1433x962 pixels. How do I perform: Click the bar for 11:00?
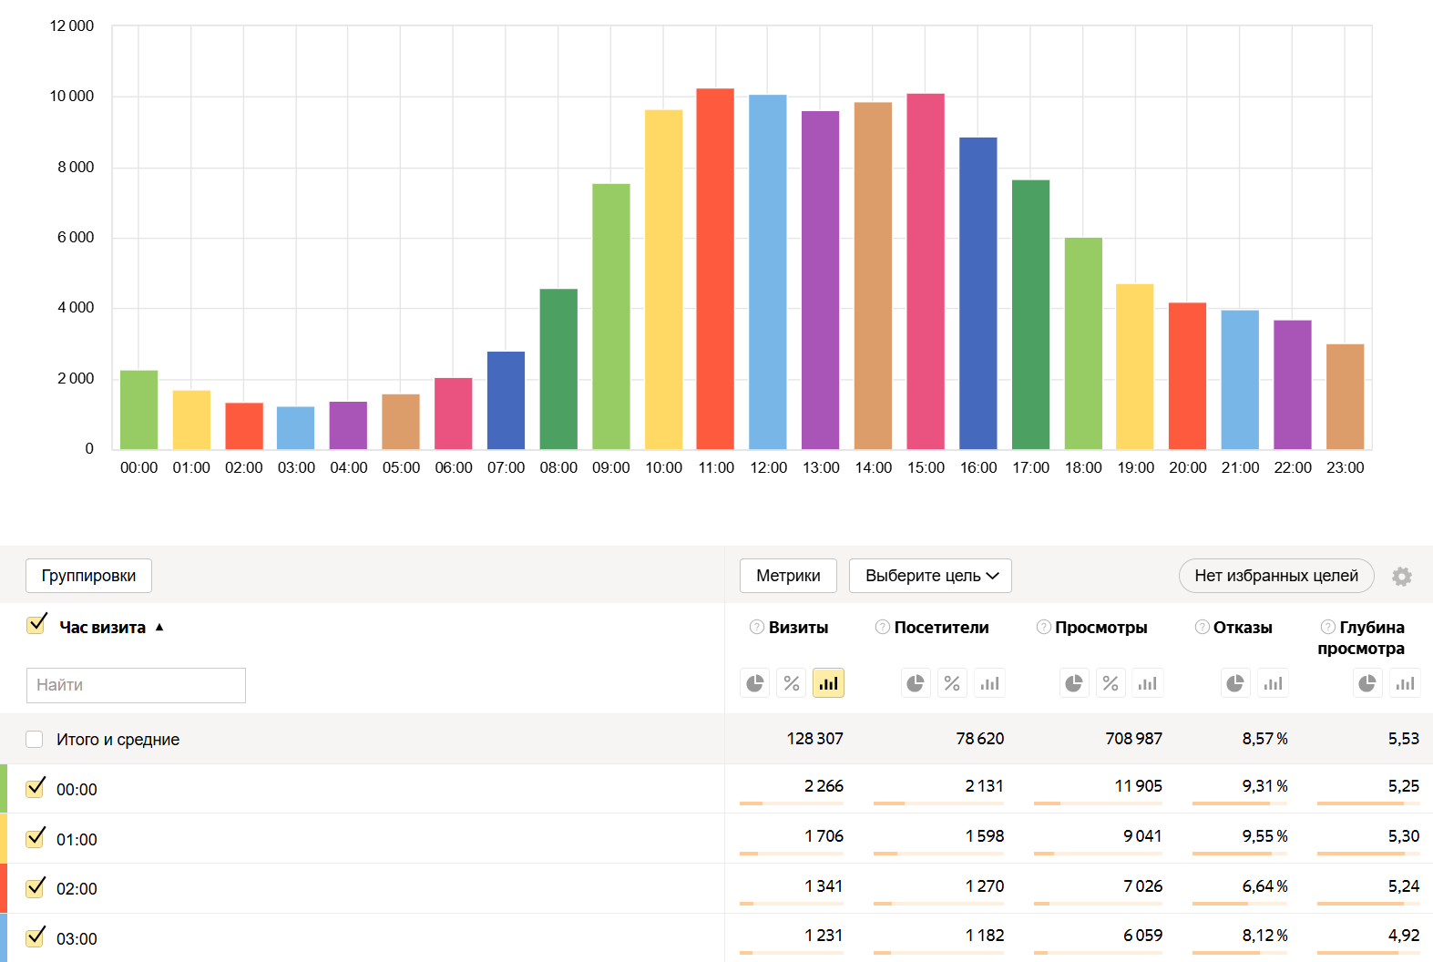(x=715, y=269)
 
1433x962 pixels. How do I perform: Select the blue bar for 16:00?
(x=978, y=293)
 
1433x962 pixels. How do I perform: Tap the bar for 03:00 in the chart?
(x=296, y=428)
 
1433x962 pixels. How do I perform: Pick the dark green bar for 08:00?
(x=558, y=369)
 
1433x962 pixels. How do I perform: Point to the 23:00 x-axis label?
(x=1345, y=467)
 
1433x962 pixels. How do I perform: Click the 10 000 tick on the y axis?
(x=72, y=97)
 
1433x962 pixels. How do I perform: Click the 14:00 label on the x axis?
(x=873, y=467)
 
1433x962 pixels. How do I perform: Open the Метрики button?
(x=788, y=576)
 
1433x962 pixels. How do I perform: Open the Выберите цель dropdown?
(x=930, y=576)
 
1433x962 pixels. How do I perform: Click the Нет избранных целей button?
(x=1275, y=576)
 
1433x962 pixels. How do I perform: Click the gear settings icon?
(x=1402, y=577)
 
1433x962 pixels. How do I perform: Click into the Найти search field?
(x=136, y=685)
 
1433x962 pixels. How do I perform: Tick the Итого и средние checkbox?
(x=35, y=739)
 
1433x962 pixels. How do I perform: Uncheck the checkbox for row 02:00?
(x=36, y=887)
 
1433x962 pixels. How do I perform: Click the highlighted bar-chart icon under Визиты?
(x=828, y=683)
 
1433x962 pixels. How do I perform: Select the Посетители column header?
(x=941, y=628)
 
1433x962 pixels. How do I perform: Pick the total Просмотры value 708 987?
(x=1133, y=739)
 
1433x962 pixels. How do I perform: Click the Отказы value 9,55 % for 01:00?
(x=1264, y=836)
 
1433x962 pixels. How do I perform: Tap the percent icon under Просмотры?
(x=1111, y=683)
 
